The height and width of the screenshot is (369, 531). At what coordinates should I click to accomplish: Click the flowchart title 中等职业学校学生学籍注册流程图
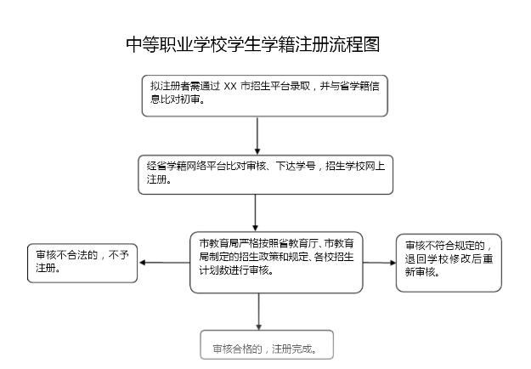pos(251,45)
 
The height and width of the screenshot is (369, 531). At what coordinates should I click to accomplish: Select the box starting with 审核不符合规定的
pos(449,262)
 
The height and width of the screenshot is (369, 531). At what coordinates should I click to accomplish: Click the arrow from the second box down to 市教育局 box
pos(256,211)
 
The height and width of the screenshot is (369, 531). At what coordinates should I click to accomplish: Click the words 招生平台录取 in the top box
pos(283,87)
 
